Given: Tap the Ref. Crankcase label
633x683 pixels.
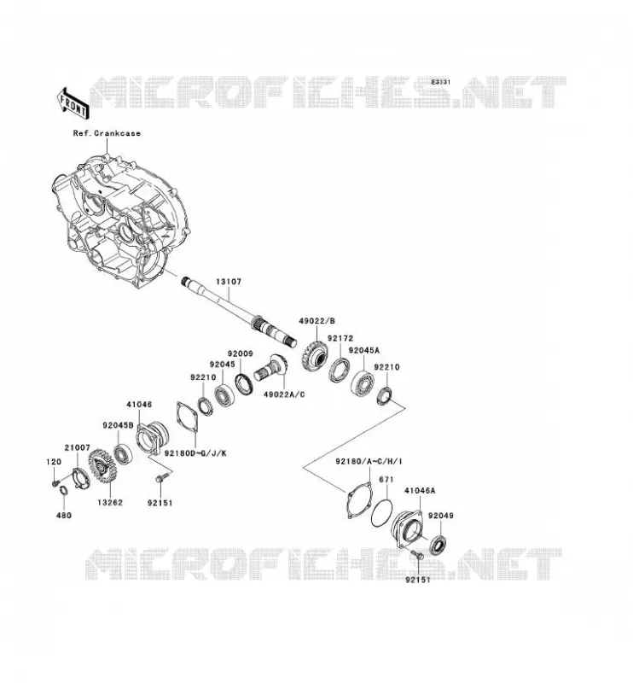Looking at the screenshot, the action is (107, 133).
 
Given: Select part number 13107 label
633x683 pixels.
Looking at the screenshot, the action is (229, 282).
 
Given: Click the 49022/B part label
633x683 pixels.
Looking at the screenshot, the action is (317, 321).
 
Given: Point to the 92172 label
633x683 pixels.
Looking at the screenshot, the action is (340, 338).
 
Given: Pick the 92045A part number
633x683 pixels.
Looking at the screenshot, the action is (364, 350).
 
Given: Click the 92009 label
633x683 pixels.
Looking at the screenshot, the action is (240, 353).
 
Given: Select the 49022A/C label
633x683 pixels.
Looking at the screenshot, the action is (284, 394).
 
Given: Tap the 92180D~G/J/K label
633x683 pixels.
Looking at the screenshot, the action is (195, 453).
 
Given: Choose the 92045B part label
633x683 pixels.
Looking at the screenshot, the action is (119, 425).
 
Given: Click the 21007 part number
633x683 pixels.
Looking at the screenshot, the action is (78, 447).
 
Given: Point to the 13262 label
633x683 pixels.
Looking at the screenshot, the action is (110, 502).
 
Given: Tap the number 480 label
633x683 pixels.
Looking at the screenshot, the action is (64, 516).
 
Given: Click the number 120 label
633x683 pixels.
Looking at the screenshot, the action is (54, 462).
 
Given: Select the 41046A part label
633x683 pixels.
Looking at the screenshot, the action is (420, 490).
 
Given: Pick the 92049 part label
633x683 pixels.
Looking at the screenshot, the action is (441, 516).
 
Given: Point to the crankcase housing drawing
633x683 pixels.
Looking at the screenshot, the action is (119, 222).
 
